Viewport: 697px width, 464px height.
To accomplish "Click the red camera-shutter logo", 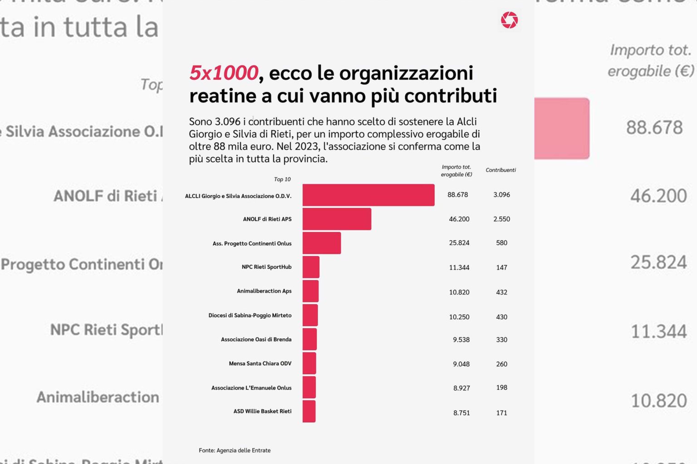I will pos(509,20).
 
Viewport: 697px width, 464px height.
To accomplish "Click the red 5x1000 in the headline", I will pos(223,73).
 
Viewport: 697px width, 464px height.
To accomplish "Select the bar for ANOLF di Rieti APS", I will pos(337,219).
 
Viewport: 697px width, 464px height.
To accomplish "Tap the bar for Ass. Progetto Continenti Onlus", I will pos(321,243).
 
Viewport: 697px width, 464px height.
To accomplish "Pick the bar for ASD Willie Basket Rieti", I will pos(309,411).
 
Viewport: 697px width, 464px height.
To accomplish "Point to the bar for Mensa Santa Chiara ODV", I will pos(309,363).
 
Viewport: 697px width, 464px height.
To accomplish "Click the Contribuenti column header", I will pos(501,170).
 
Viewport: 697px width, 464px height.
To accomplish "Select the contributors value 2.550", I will pos(501,219).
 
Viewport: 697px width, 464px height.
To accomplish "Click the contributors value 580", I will pos(501,243).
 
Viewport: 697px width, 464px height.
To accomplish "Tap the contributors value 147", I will pos(501,267).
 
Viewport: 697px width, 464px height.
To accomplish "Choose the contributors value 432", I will pos(501,292).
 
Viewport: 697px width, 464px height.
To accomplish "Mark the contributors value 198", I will pos(501,387).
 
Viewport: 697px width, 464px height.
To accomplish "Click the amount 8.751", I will pos(461,413).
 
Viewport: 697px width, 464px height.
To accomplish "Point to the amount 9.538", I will pos(461,339).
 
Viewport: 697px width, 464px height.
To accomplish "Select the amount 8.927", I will pos(461,388).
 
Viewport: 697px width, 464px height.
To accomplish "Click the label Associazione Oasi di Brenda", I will pos(256,339).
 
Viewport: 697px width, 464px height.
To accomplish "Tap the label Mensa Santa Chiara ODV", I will pos(260,363).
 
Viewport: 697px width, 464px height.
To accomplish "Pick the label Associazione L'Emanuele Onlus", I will pos(251,388).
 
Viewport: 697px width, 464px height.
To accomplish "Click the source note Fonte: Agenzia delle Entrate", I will pos(235,450).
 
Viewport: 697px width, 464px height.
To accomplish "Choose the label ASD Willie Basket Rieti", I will pos(262,411).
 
